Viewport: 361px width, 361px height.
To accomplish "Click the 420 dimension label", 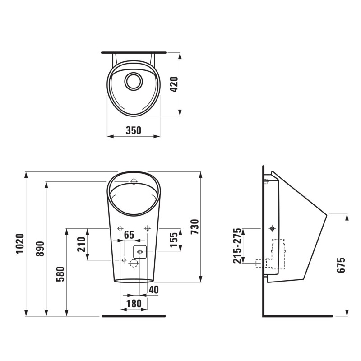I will pos(174,84).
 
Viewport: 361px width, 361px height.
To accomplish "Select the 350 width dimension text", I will pos(134,130).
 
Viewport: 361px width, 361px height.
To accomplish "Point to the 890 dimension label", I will pos(40,249).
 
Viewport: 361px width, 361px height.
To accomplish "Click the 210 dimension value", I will pos(81,244).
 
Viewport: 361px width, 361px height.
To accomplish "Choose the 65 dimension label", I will pos(129,235).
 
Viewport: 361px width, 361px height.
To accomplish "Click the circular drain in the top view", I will pos(134,81).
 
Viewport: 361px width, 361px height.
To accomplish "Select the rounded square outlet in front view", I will pos(140,251).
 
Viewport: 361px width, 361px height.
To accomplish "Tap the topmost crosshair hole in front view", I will pos(134,181).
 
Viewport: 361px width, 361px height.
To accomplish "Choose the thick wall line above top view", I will pos(134,52).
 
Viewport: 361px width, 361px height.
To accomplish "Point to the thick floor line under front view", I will pos(134,316).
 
